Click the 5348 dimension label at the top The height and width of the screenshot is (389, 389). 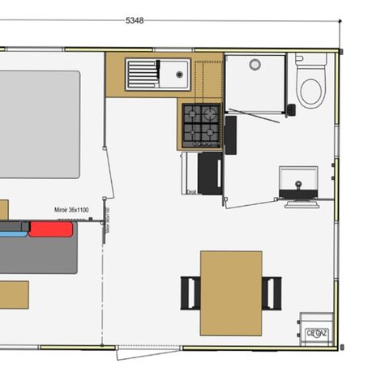point(135,20)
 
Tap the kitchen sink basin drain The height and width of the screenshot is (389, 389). point(177,74)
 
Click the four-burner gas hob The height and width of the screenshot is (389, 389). point(200,124)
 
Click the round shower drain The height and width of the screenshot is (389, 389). point(254,65)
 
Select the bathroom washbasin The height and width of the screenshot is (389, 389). point(298,181)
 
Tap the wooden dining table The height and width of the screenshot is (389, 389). point(231,293)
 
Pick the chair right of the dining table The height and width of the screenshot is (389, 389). point(271,293)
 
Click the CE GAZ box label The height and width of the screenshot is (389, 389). point(316,333)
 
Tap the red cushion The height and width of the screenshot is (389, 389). point(51,229)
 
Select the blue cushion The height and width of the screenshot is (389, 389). point(13,229)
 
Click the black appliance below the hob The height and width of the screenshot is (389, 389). point(211,173)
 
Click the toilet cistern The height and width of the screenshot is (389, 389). point(300,59)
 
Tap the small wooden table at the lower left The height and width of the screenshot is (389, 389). point(13,294)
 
